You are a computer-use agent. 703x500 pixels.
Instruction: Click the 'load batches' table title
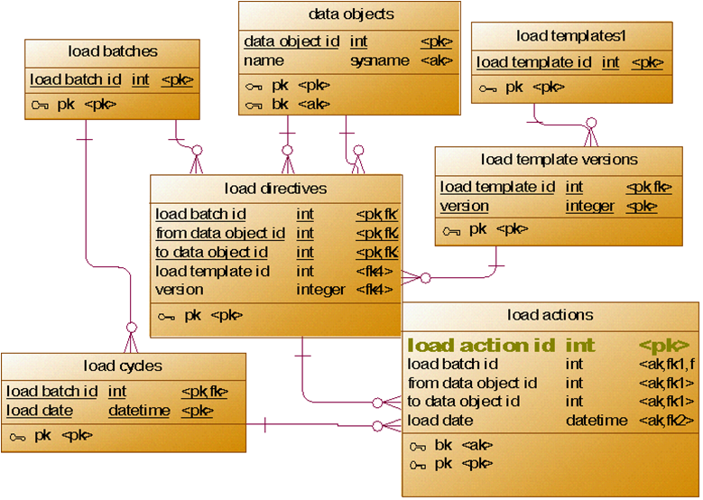coord(113,51)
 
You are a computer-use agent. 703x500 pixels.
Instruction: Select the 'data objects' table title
coord(351,14)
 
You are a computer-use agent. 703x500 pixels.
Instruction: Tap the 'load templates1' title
coord(571,36)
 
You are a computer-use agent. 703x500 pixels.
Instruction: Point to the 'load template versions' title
coord(559,160)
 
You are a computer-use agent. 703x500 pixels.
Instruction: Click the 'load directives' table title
coord(275,189)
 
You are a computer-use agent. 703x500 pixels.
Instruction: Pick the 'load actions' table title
coord(550,315)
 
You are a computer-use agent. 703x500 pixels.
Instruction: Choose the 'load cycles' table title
coord(123,366)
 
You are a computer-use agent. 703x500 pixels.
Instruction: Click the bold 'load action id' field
coord(479,345)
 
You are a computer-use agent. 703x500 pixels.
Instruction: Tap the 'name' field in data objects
coord(264,60)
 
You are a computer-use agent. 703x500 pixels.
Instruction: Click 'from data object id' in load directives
coord(220,233)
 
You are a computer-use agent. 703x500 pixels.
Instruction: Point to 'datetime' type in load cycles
coord(139,411)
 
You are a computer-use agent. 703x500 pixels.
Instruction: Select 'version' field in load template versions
coord(465,206)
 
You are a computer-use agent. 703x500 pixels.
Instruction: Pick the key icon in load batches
coord(40,105)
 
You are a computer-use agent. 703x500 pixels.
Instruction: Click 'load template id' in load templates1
coord(534,62)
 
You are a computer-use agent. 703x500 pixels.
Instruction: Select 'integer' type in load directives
coord(320,290)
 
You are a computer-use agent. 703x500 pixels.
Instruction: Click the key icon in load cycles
coord(17,436)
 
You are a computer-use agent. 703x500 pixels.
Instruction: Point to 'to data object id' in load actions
coord(464,401)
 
